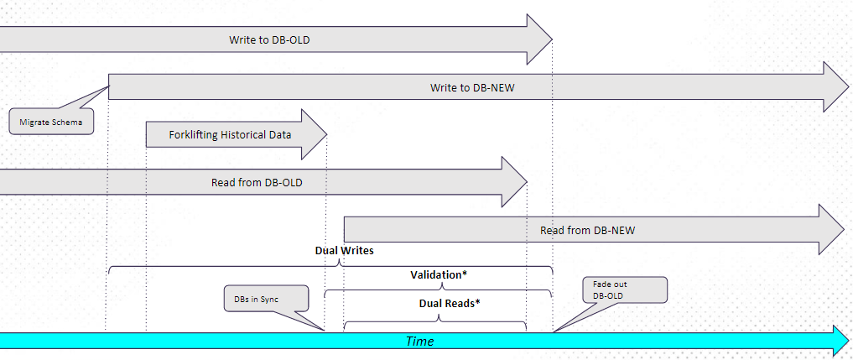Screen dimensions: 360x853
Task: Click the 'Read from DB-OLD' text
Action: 257,182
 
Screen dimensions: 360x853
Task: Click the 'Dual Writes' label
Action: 344,250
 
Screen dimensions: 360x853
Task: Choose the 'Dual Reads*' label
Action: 450,303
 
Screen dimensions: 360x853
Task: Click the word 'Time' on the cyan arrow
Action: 420,342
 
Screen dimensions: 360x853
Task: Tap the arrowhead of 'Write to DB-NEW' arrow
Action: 835,87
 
